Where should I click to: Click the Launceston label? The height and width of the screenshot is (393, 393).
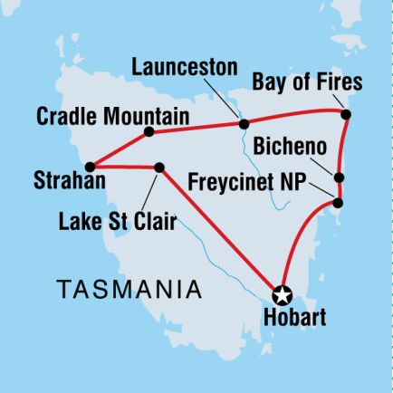[x=184, y=67]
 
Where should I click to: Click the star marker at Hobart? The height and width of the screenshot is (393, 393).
[x=282, y=293]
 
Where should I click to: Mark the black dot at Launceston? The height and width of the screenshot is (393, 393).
[x=243, y=123]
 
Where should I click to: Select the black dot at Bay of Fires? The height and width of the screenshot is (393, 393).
[x=345, y=114]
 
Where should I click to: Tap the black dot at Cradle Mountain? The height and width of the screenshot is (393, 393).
[x=148, y=132]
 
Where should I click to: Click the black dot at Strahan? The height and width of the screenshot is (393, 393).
[x=91, y=167]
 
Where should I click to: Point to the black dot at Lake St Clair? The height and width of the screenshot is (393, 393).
[x=159, y=168]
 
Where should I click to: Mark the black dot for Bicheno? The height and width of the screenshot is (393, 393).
[x=339, y=177]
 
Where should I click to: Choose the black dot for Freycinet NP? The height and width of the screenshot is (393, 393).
[x=339, y=203]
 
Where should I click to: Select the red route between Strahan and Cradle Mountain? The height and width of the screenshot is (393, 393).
[x=118, y=149]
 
